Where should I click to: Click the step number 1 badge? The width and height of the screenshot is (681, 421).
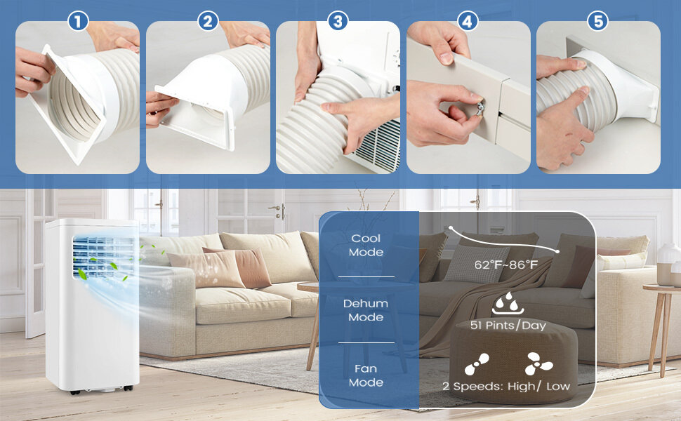click(x=78, y=21)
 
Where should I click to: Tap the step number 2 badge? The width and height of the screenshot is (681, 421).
click(x=208, y=21)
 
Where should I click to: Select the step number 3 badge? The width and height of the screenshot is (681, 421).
click(x=338, y=21)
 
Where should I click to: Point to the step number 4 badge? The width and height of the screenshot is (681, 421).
click(x=468, y=21)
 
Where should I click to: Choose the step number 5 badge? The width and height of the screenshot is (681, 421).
click(x=598, y=21)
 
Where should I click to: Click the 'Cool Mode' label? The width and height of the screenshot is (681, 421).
click(x=366, y=245)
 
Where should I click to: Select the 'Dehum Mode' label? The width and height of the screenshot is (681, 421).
click(x=366, y=310)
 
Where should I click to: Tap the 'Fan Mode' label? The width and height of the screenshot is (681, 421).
click(x=366, y=375)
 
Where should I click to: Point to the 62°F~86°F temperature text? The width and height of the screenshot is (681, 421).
click(x=506, y=265)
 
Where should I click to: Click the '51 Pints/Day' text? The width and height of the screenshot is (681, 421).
click(x=508, y=326)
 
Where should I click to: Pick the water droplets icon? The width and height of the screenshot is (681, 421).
click(x=508, y=303)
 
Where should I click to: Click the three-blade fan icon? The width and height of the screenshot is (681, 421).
click(x=538, y=363)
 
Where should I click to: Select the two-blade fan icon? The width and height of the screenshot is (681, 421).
click(x=477, y=364)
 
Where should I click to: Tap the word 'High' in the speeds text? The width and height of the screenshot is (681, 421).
click(x=521, y=387)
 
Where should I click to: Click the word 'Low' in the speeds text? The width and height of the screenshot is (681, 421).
click(x=557, y=387)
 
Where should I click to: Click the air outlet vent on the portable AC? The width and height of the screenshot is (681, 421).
click(x=103, y=258)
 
